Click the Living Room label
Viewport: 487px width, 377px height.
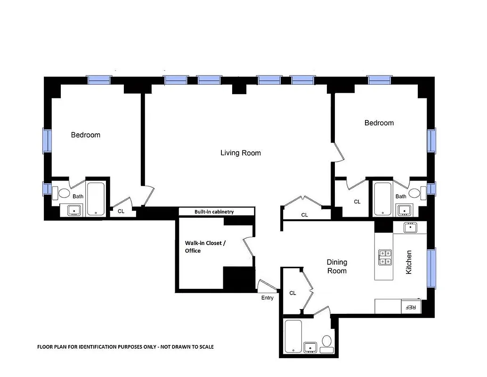pos(240,153)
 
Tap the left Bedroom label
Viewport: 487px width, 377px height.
pos(85,135)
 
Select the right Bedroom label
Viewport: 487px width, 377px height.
pos(379,123)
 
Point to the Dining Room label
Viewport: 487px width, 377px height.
pos(337,266)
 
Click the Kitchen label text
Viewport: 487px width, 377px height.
pos(409,262)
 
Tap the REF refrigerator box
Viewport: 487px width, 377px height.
pos(411,307)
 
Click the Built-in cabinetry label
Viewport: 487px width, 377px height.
pos(214,212)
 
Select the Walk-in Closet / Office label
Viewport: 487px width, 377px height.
pos(205,247)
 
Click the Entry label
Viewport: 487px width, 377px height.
pos(267,298)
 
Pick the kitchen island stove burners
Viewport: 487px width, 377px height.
pos(384,257)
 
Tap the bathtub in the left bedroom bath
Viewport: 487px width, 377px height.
pos(96,198)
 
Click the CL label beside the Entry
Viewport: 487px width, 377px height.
pos(292,293)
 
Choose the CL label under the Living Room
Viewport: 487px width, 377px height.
pos(304,215)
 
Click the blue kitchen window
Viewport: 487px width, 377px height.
pos(431,268)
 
